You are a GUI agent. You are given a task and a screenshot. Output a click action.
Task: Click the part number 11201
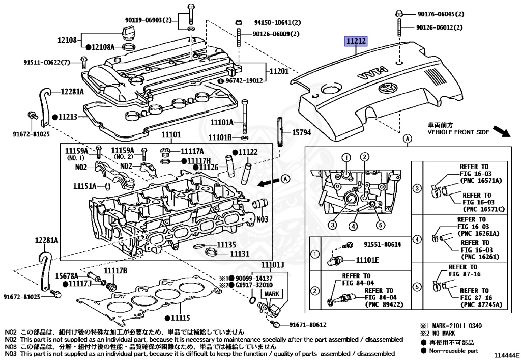pos(279,72)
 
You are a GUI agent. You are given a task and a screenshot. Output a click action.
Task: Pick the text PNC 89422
pos(383,305)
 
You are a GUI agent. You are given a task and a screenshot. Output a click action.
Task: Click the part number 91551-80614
pos(382,244)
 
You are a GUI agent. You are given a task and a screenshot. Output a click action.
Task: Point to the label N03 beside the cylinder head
pos(262,220)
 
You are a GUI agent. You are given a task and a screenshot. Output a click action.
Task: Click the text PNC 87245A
pos(481,305)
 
